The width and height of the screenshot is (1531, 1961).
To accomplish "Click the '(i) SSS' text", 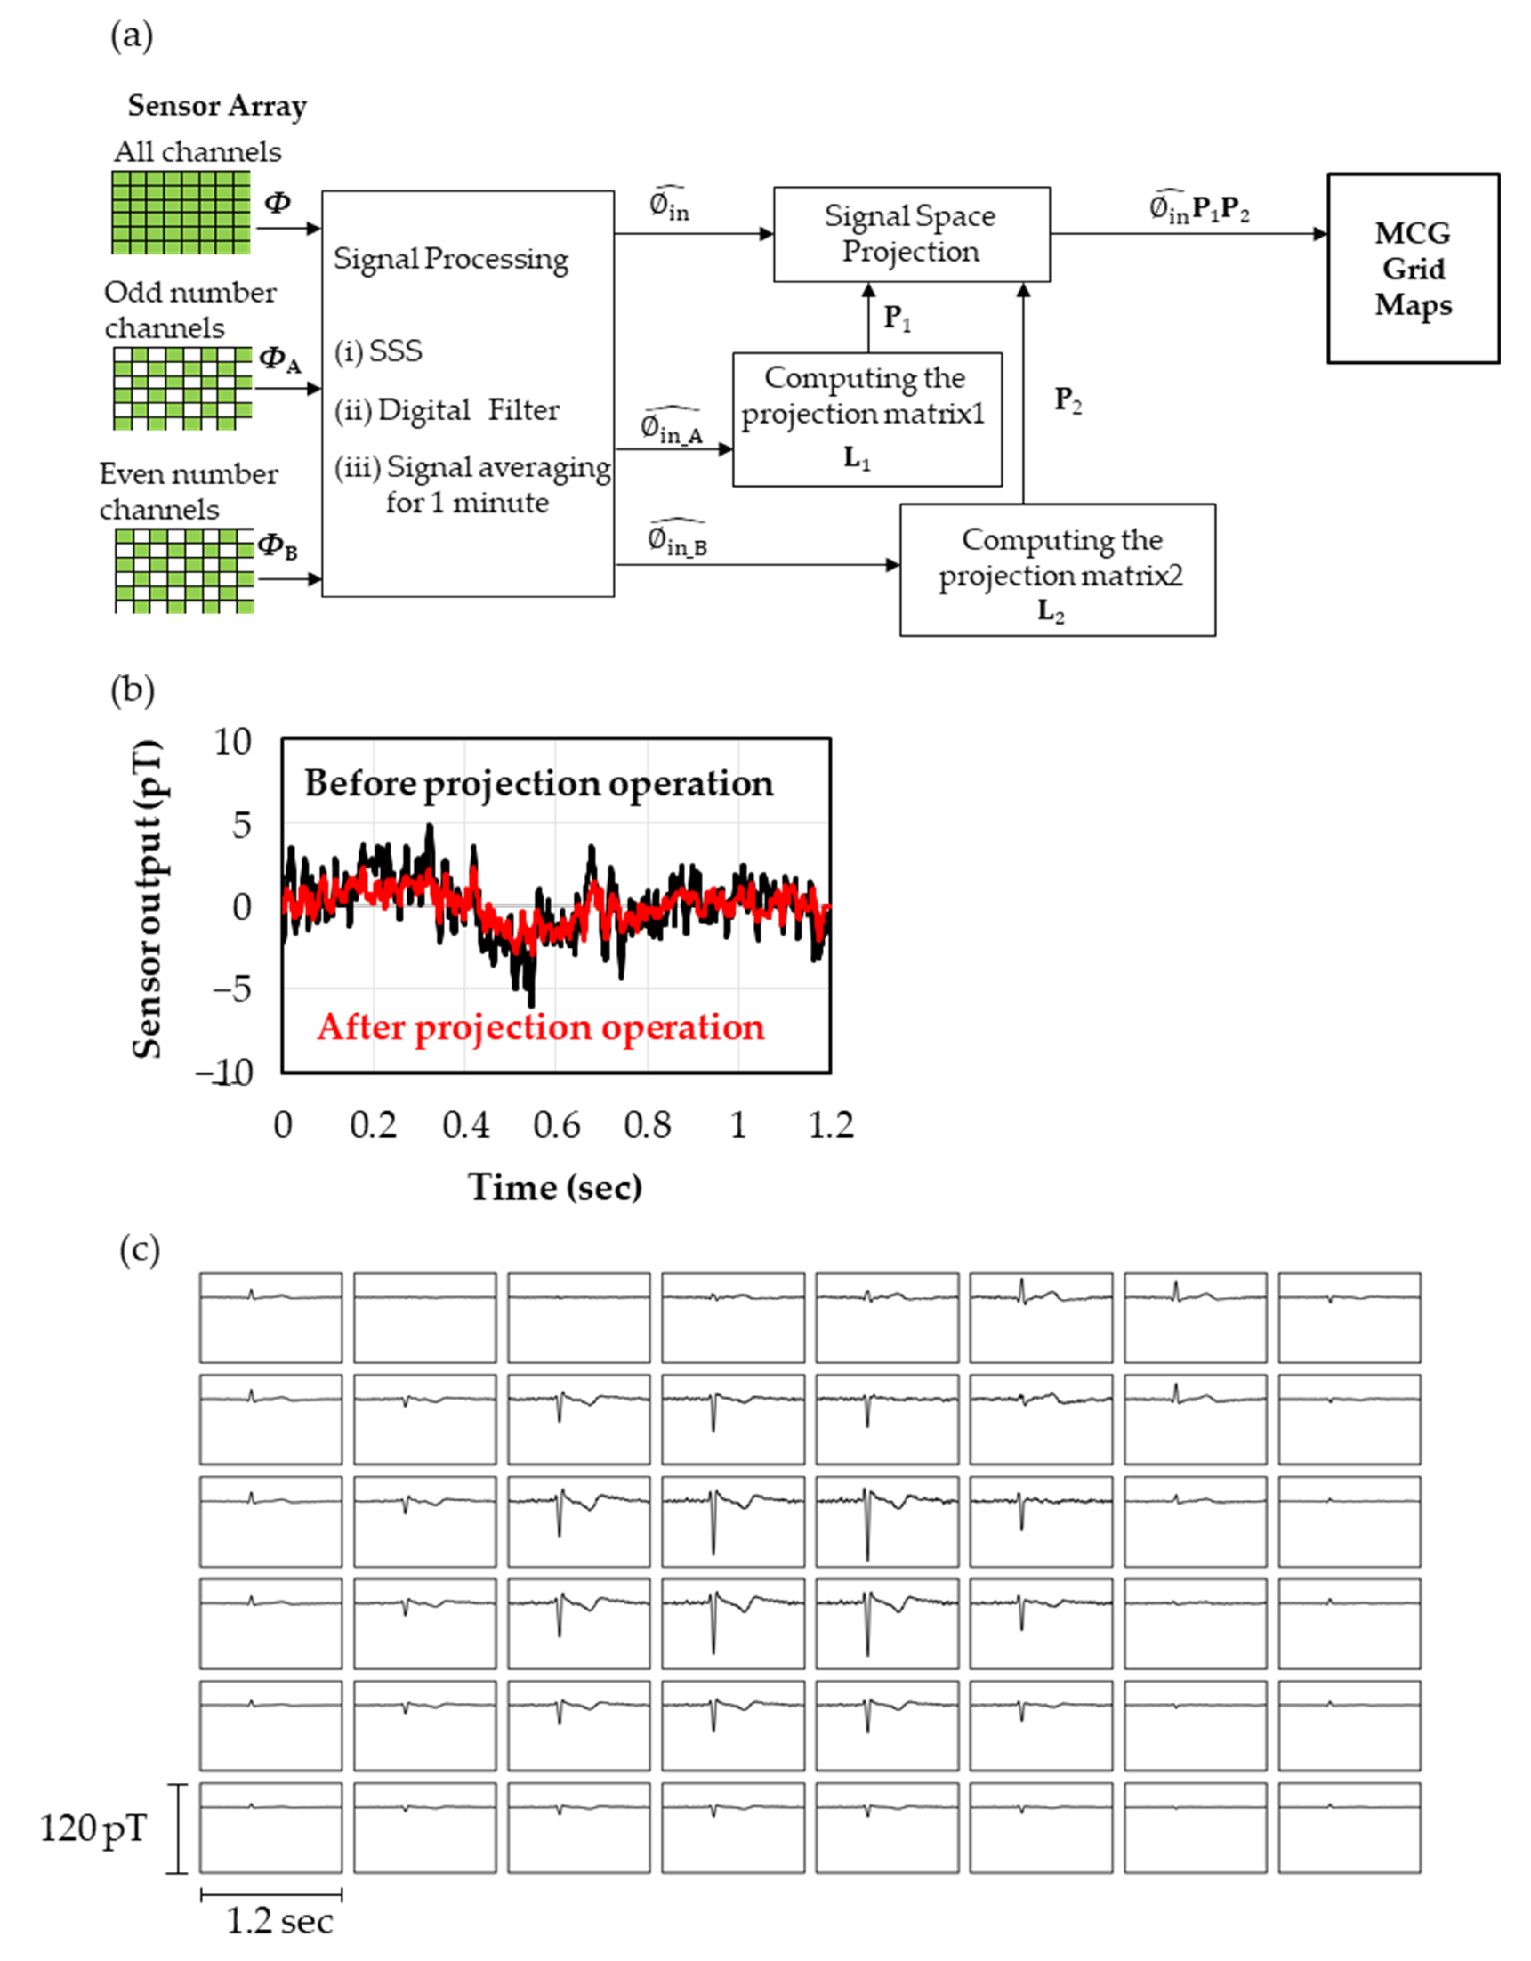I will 378,351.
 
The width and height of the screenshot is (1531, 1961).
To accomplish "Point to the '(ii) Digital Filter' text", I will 446,410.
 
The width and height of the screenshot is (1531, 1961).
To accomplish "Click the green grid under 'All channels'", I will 181,212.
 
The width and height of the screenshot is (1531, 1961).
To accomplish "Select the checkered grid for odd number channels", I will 182,388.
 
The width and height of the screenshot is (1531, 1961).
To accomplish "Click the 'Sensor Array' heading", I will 218,106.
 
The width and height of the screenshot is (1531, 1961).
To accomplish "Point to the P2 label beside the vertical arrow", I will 1068,399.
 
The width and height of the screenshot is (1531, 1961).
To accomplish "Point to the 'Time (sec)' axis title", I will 555,1187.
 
